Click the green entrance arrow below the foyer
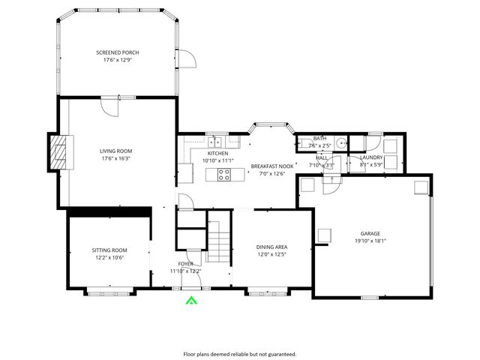coord(191,301)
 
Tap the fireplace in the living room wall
coord(58,153)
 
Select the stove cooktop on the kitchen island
coord(223,175)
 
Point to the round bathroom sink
coord(340,142)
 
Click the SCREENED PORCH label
coord(118,52)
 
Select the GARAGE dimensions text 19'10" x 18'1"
coord(370,241)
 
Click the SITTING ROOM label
coord(109,250)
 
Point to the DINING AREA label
coord(272,247)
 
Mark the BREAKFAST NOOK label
coord(272,166)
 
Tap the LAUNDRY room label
coord(372,157)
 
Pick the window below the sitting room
coord(109,289)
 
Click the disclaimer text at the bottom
coord(240,353)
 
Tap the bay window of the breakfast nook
coord(271,124)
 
